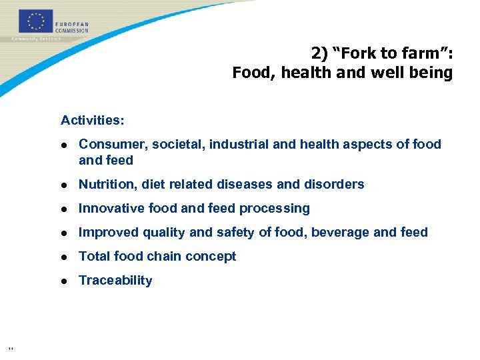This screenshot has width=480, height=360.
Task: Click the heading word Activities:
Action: pos(92,121)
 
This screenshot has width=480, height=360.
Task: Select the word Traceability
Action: pos(115,281)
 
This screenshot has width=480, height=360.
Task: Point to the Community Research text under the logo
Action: pos(37,39)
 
